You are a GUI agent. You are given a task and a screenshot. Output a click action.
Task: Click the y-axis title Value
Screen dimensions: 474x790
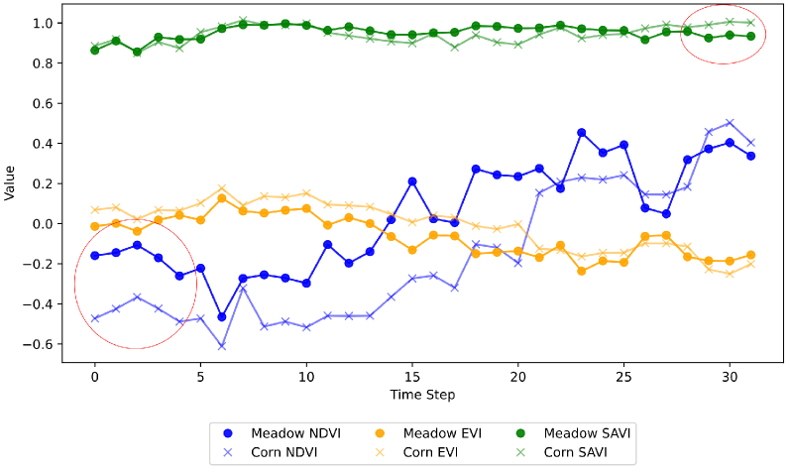tap(10, 182)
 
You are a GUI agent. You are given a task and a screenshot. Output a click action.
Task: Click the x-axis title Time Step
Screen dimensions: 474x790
tap(422, 395)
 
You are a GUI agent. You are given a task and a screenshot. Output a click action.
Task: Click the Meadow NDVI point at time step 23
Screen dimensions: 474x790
tap(581, 132)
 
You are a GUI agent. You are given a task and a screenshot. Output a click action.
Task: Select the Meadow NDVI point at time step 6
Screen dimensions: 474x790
tap(222, 316)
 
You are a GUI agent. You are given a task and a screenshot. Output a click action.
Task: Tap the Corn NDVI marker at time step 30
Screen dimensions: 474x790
tap(730, 122)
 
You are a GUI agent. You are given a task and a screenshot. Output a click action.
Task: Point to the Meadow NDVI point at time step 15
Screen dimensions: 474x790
tap(412, 181)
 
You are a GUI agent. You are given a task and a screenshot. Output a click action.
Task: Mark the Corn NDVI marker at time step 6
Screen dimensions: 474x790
tap(222, 346)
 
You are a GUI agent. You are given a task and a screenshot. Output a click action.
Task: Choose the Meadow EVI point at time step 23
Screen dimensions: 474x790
tap(581, 271)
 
